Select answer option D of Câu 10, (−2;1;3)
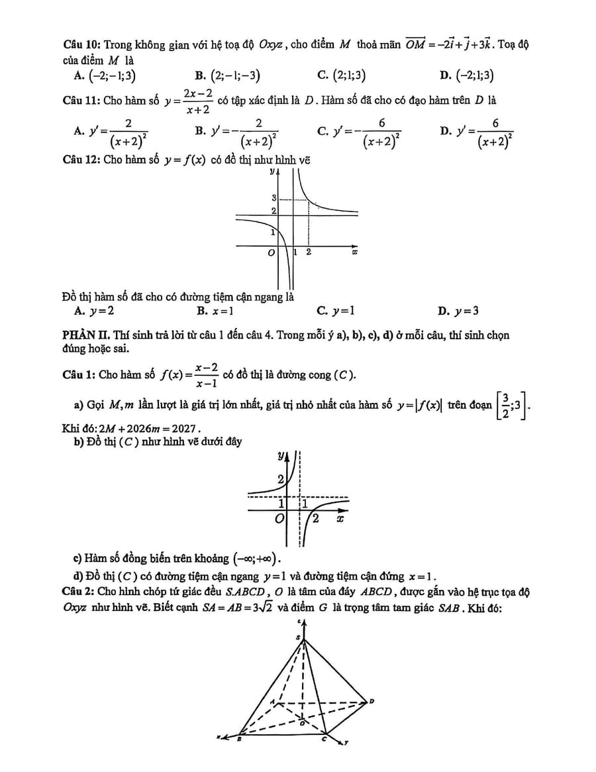click(x=474, y=76)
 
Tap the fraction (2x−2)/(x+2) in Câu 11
click(x=197, y=101)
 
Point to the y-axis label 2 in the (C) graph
click(x=280, y=478)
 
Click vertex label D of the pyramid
click(x=372, y=701)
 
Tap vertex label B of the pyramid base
click(x=240, y=741)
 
